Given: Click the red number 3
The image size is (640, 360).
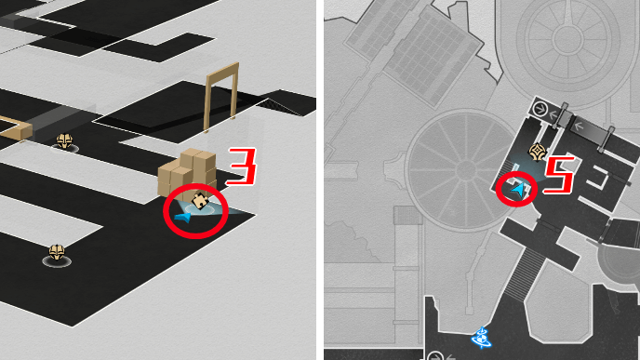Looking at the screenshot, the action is (243, 166).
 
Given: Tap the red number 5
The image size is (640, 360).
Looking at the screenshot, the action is (560, 175).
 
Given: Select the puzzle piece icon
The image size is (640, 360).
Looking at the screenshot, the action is (200, 201).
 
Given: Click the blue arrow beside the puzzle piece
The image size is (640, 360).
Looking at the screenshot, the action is (182, 218).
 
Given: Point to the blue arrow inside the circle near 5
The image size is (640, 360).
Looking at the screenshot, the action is (518, 190).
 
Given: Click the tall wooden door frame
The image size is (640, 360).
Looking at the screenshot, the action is (221, 97).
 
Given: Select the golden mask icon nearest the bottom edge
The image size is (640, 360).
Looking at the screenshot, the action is (57, 253).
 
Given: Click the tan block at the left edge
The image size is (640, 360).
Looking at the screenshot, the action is (17, 127).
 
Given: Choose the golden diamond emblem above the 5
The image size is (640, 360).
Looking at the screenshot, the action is (537, 153).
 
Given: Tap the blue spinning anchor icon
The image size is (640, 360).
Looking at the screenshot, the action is (481, 338).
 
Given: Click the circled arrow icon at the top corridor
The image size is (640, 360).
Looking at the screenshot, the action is (540, 109).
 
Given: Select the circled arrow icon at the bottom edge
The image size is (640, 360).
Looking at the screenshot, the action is (435, 355).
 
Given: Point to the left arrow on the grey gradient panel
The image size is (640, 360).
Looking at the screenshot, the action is (579, 127).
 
